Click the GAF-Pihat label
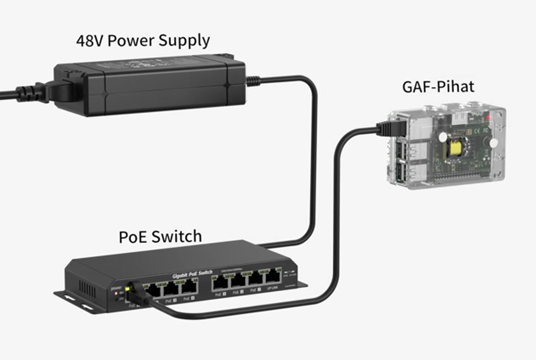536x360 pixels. [x=438, y=87]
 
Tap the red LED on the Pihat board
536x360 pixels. [x=487, y=117]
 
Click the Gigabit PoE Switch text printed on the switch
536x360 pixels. [x=192, y=274]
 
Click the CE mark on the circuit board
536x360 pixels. [x=477, y=130]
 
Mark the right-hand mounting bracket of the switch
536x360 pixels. [x=301, y=285]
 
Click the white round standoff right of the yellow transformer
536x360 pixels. [x=494, y=143]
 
